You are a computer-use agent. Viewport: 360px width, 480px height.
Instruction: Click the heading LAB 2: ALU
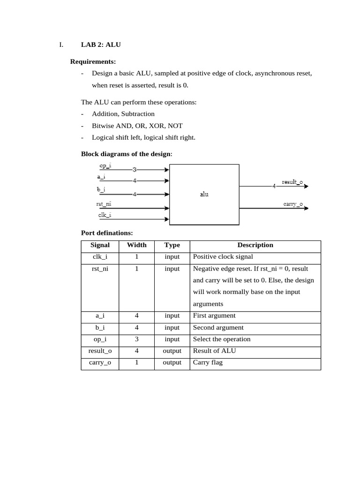[101, 45]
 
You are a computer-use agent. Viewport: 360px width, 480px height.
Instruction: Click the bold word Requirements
[93, 61]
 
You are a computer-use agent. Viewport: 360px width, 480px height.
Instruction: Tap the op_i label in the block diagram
[105, 166]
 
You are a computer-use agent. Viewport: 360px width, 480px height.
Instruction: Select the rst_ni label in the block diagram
[104, 204]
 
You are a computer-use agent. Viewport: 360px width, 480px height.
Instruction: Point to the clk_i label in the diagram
[105, 215]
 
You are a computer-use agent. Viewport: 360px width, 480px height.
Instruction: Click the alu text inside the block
[204, 194]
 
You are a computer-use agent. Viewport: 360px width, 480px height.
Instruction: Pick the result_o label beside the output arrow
[292, 182]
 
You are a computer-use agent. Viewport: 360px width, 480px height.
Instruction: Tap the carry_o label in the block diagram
[293, 204]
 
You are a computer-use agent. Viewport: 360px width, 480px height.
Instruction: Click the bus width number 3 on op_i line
[135, 170]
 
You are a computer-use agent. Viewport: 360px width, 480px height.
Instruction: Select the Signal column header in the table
[100, 245]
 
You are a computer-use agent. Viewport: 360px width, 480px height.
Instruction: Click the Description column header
[255, 245]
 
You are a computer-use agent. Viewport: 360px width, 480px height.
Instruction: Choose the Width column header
[137, 245]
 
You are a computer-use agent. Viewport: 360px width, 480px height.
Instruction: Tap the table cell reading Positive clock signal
[223, 257]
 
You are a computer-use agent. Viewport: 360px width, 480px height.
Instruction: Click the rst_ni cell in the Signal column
[100, 269]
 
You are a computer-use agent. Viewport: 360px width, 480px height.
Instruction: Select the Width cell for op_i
[137, 339]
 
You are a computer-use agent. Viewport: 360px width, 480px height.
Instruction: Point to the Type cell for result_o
[172, 351]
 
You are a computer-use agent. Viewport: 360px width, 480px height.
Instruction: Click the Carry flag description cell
[208, 362]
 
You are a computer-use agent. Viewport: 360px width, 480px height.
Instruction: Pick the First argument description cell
[214, 316]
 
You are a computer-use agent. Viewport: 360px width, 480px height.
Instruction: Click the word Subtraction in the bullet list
[138, 114]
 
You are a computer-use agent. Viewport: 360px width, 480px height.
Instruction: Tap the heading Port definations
[107, 233]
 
